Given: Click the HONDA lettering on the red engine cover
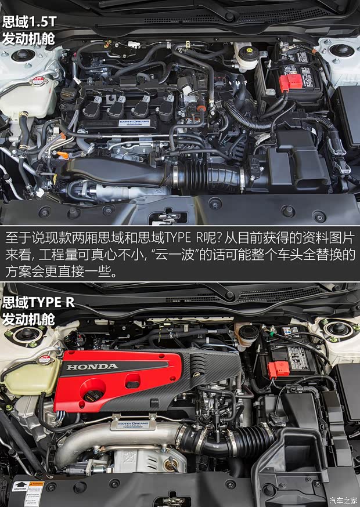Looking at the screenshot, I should (92, 367).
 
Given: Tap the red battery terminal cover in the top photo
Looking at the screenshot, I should (291, 82).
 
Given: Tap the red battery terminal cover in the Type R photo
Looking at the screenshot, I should (279, 368).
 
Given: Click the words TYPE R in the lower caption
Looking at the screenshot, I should (55, 302).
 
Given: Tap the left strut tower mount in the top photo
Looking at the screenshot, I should (23, 56).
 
